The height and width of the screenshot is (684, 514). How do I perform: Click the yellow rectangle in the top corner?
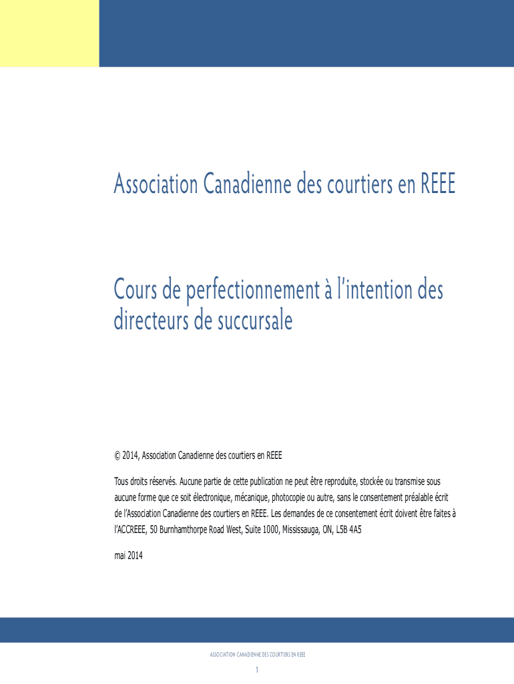[x=49, y=33]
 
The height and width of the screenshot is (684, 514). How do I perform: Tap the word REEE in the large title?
[x=437, y=184]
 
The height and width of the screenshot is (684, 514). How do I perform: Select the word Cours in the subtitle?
[x=138, y=291]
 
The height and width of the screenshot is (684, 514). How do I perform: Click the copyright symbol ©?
[x=117, y=456]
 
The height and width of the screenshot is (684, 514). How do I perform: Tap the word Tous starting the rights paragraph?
[x=122, y=482]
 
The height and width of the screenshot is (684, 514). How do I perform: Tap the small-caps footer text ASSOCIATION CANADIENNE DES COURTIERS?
[x=257, y=655]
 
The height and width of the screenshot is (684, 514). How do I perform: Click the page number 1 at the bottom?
[x=257, y=670]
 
